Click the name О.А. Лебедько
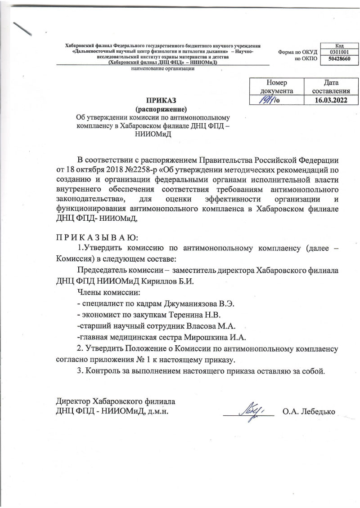[308, 411]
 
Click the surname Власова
[195, 326]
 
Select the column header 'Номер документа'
[276, 86]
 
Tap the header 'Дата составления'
[331, 86]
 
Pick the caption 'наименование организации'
[162, 69]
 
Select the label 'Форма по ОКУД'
[297, 52]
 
